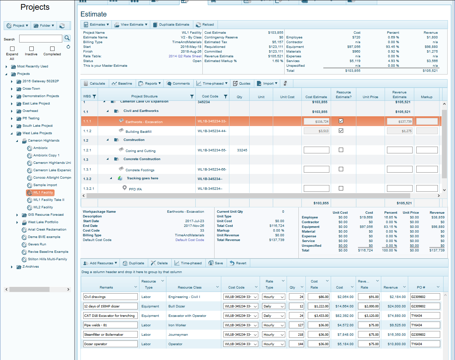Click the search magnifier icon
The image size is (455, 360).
[67, 38]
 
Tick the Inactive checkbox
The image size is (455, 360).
[31, 49]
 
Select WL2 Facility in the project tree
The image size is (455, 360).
[43, 207]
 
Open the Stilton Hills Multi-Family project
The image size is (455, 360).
[47, 259]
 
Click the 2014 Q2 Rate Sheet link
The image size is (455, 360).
[185, 56]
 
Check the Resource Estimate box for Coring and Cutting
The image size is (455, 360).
[341, 150]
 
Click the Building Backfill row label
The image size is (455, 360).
[138, 131]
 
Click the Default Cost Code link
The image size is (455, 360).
[190, 240]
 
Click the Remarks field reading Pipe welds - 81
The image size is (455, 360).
[110, 325]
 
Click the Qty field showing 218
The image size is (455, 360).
[296, 335]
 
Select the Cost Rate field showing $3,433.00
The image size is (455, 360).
[319, 316]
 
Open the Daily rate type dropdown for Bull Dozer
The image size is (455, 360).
[274, 306]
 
